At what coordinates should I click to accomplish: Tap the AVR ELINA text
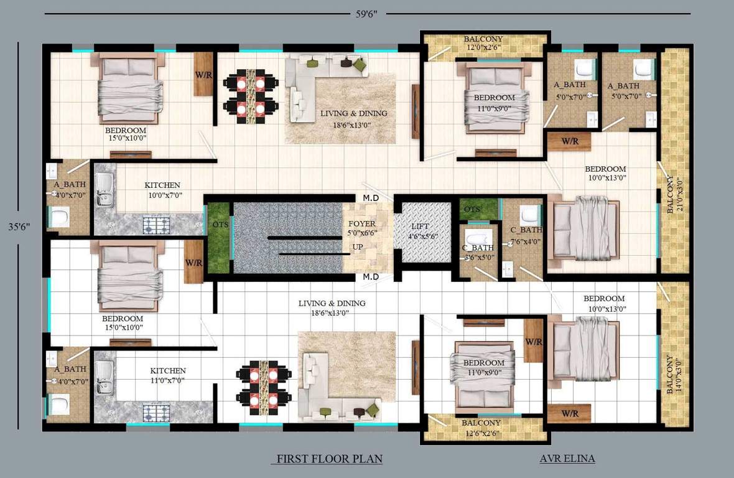[567, 459]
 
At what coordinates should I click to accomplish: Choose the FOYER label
[361, 223]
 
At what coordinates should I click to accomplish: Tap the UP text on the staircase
[358, 247]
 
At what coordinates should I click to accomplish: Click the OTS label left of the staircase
[220, 224]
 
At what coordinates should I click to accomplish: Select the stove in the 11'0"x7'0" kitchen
[158, 413]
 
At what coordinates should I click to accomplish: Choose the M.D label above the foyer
[372, 198]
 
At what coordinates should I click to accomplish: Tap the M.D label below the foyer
[372, 276]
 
